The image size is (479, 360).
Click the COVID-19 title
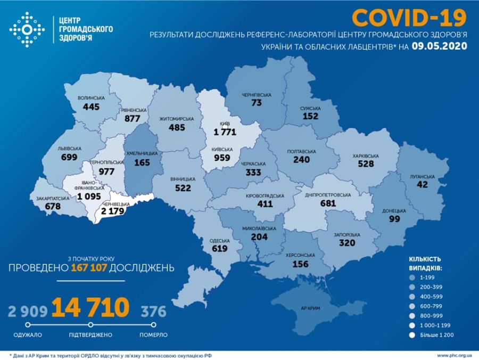pyautogui.click(x=409, y=18)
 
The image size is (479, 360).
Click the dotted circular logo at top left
pyautogui.click(x=27, y=29)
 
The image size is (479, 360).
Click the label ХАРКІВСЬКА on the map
pyautogui.click(x=365, y=156)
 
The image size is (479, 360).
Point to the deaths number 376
pyautogui.click(x=153, y=310)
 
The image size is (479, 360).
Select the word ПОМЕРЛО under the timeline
pyautogui.click(x=154, y=335)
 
